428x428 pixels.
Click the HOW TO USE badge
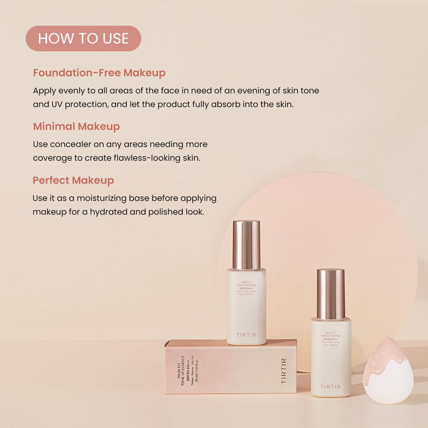pyautogui.click(x=83, y=39)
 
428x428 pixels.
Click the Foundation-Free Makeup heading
pyautogui.click(x=99, y=73)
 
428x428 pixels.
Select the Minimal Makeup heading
pyautogui.click(x=76, y=127)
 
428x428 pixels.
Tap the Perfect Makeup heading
pyautogui.click(x=73, y=180)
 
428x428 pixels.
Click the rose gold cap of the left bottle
pyautogui.click(x=246, y=244)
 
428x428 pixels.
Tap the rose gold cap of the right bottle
pyautogui.click(x=331, y=293)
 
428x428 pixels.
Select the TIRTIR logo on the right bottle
pyautogui.click(x=331, y=387)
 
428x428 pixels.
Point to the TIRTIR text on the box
pyautogui.click(x=283, y=371)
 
